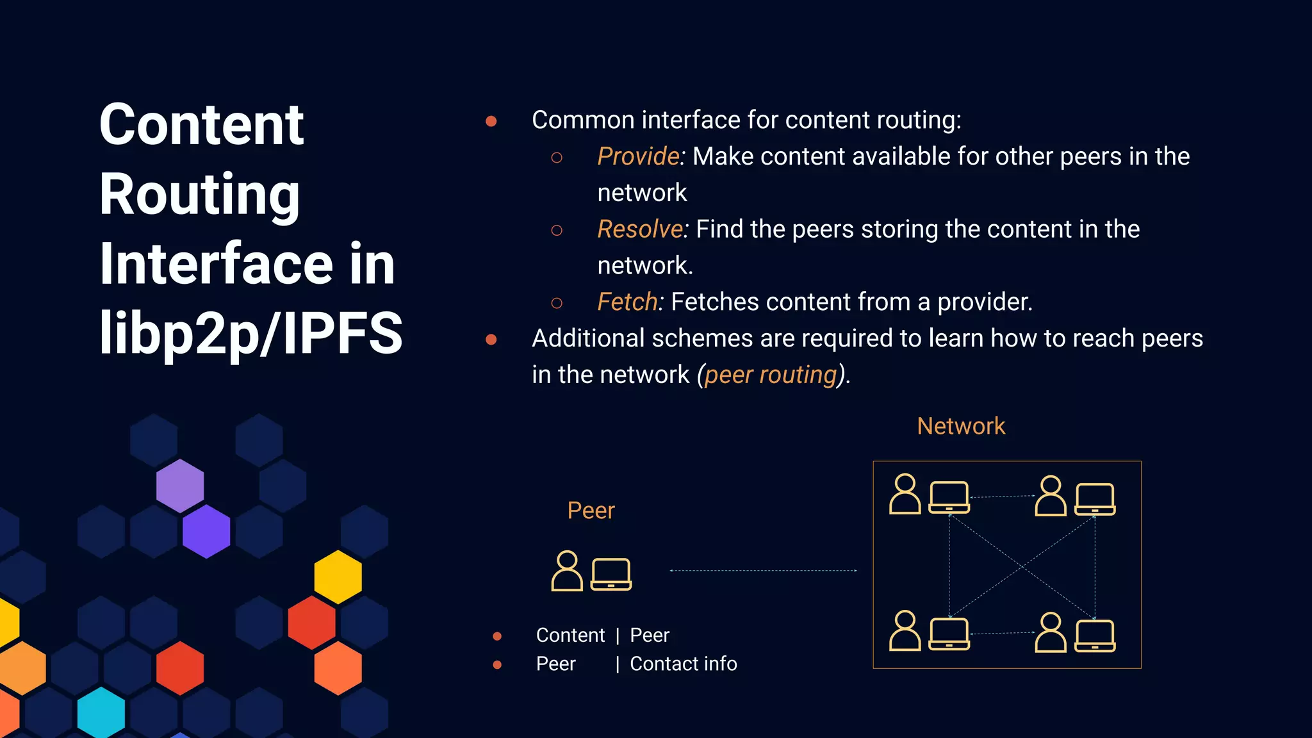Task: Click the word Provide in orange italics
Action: point(638,156)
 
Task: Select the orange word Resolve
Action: point(639,229)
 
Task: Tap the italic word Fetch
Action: point(627,302)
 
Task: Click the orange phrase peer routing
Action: point(771,375)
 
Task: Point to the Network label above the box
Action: point(961,426)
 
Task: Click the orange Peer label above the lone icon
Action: point(591,511)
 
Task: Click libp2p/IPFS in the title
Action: point(250,332)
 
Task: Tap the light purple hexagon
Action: point(180,485)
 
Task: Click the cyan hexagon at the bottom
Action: point(101,712)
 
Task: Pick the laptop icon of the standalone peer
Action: point(611,574)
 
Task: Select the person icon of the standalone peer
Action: point(567,571)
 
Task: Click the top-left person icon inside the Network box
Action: point(905,494)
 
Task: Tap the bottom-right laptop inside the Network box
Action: point(1095,635)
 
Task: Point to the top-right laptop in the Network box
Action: point(1095,499)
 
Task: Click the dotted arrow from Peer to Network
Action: point(763,570)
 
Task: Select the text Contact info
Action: point(683,664)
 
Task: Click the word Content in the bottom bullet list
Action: point(570,635)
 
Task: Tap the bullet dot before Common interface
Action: point(491,121)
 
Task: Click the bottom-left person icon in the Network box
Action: point(905,631)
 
